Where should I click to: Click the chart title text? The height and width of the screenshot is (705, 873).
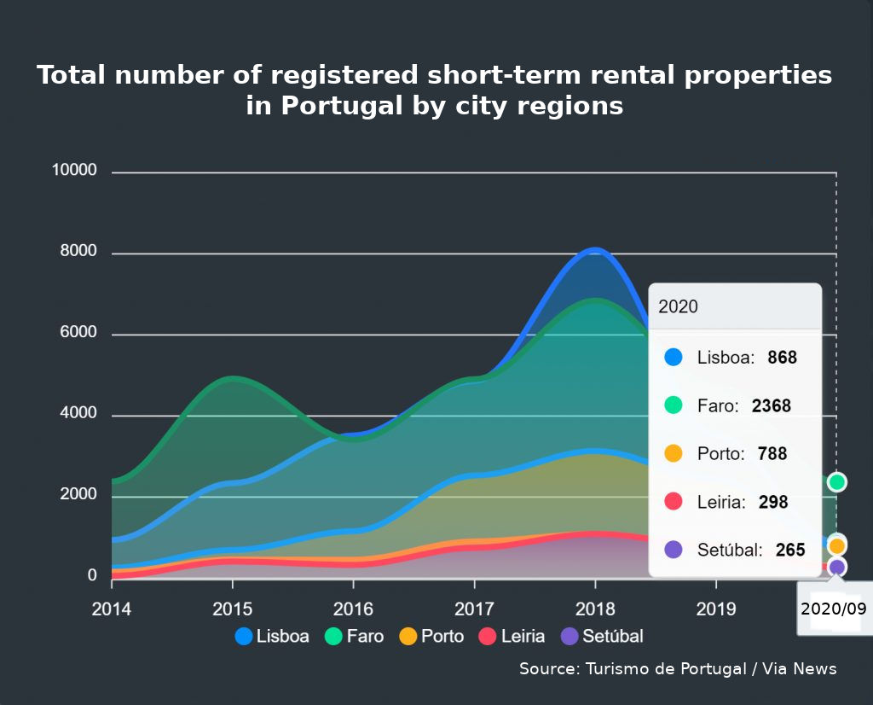(435, 90)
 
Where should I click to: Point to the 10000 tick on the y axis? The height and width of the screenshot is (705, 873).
(75, 171)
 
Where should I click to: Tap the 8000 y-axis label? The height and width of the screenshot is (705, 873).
(79, 253)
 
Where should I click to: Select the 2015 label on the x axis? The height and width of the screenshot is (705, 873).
(233, 610)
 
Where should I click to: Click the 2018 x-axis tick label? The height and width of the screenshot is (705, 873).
(595, 610)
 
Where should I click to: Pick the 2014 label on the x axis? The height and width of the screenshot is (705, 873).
(112, 610)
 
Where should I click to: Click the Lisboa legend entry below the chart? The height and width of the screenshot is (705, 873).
(272, 636)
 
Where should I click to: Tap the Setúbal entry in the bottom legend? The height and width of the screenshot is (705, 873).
(602, 636)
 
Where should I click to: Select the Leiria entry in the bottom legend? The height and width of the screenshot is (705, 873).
(512, 636)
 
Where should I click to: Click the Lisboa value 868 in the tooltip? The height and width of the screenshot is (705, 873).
(782, 358)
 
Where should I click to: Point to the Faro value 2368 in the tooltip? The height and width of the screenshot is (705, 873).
(772, 406)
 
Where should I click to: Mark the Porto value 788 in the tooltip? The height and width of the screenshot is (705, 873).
(772, 454)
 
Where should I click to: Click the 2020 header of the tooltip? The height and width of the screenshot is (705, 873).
(678, 306)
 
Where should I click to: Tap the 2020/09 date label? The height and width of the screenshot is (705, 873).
(834, 609)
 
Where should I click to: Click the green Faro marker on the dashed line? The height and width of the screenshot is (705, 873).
(836, 482)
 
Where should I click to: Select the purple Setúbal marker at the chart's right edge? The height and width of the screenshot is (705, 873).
(837, 567)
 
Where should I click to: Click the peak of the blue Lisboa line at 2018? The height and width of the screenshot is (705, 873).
(595, 250)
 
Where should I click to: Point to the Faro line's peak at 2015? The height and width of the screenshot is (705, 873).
(233, 378)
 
